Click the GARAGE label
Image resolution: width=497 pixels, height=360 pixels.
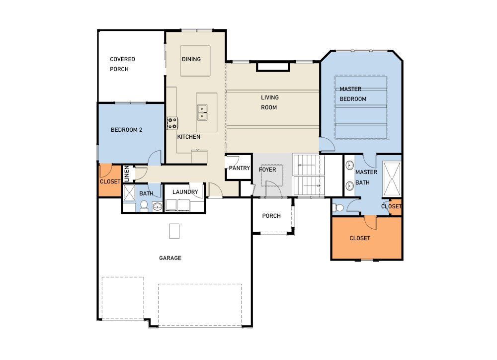[x=170, y=258]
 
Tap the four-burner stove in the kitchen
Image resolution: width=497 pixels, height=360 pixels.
[x=172, y=123]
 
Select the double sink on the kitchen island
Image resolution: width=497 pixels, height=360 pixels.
[x=202, y=113]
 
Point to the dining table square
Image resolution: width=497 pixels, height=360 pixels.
[x=195, y=61]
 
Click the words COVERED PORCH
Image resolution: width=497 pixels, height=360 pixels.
[x=122, y=64]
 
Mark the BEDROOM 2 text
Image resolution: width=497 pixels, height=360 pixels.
[x=126, y=130]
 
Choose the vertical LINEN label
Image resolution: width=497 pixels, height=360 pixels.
[x=127, y=174]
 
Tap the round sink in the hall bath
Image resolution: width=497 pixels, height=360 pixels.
[x=158, y=207]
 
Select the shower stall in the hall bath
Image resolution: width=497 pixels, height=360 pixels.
[x=129, y=192]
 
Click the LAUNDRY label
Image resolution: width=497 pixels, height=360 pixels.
[x=185, y=192]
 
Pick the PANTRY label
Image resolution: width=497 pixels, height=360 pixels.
[x=239, y=169]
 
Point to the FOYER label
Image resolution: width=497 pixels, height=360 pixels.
[x=267, y=170]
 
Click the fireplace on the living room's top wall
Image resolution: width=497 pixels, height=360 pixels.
[x=272, y=67]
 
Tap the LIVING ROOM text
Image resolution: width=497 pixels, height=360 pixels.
[x=269, y=102]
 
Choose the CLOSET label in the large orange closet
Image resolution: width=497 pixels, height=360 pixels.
[x=359, y=238]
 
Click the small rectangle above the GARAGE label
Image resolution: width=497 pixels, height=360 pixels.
[x=174, y=231]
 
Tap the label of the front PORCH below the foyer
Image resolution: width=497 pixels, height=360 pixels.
[x=271, y=216]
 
